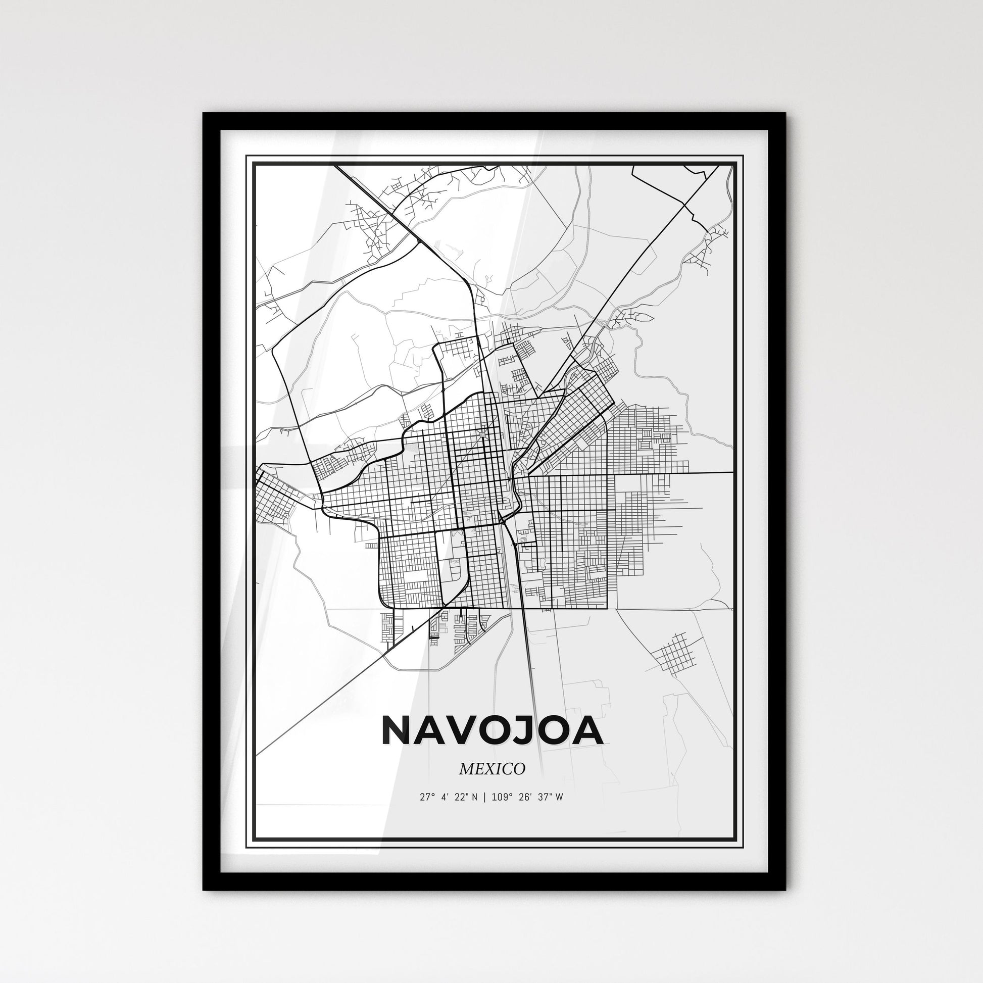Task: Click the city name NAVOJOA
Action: [492, 731]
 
